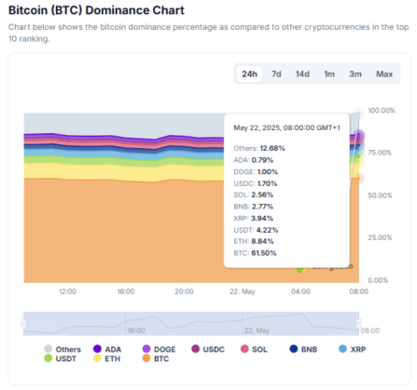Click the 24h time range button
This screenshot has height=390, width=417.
pos(249,74)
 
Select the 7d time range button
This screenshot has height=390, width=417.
pos(276,74)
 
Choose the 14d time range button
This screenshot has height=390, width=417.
pos(302,74)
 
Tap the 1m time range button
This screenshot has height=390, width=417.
pos(329,74)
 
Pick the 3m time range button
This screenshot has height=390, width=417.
pos(355,74)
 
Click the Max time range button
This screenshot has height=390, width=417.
pos(383,74)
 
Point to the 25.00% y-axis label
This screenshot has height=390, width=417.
pos(381,237)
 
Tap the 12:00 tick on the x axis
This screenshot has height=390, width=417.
pos(66,291)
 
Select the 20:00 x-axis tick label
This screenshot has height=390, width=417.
pos(183,291)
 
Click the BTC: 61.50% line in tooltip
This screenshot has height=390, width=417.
pos(255,252)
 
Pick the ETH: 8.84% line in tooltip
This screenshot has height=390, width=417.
pos(255,240)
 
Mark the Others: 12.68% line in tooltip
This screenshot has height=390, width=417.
pos(258,147)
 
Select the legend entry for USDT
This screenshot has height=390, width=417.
pos(65,358)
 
